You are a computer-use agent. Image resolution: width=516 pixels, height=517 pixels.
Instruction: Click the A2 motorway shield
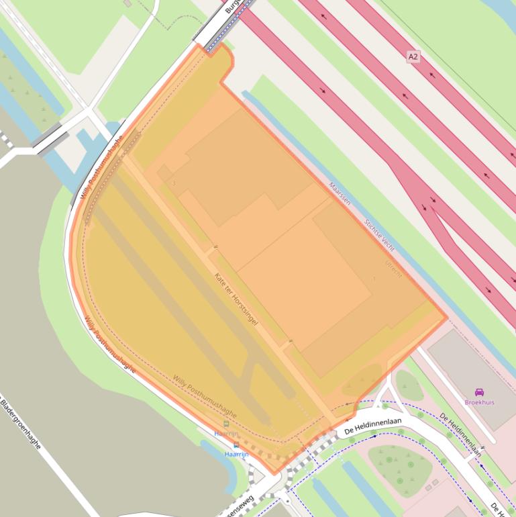tap(413, 57)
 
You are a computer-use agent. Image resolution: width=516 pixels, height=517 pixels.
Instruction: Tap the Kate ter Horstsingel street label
tap(236, 299)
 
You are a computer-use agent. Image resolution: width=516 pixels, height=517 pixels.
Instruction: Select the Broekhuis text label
tap(479, 402)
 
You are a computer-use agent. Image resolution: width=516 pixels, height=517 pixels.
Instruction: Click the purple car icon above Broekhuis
tap(479, 392)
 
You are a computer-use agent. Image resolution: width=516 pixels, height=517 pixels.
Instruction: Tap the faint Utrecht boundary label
tap(393, 269)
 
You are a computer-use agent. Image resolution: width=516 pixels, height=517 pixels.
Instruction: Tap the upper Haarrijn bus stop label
tap(226, 434)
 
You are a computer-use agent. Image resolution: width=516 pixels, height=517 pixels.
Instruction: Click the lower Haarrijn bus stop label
tap(236, 455)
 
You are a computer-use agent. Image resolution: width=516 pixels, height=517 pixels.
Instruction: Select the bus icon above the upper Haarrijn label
tap(226, 424)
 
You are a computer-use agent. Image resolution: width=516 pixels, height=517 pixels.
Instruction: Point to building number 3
tap(174, 183)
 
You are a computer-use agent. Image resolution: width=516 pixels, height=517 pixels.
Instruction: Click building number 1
tap(374, 279)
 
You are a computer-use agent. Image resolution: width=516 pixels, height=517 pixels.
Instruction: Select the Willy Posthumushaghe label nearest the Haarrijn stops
tap(204, 397)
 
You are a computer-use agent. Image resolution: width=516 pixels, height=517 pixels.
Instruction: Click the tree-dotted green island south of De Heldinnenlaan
tap(401, 467)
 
